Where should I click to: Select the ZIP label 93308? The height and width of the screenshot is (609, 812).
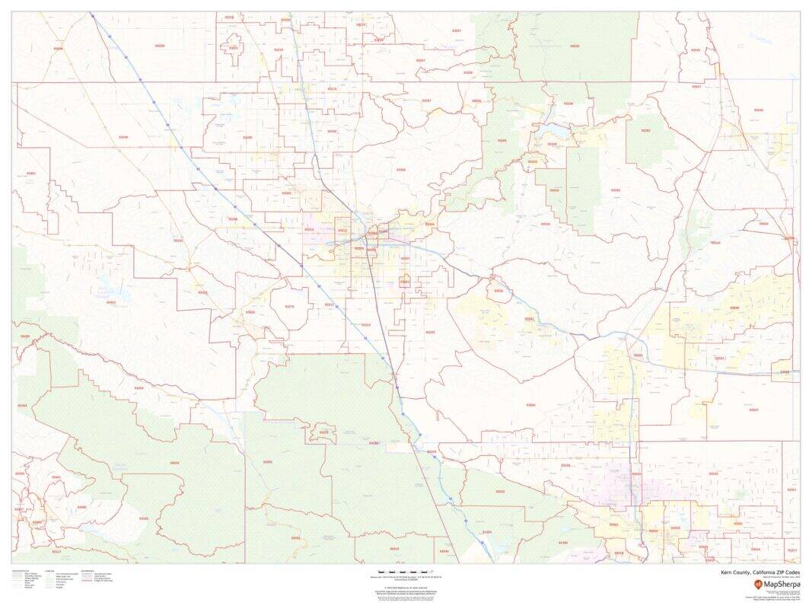coord(401,170)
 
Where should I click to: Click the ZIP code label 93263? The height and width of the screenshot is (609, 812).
coord(287,193)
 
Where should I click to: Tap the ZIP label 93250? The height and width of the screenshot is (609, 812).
coord(331,131)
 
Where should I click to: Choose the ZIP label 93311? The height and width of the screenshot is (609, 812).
coord(330,304)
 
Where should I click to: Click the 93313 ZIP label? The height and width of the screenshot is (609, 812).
coord(366,324)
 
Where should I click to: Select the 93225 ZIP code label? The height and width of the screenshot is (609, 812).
coord(324,432)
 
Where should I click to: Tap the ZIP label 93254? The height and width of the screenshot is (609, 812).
coord(139,388)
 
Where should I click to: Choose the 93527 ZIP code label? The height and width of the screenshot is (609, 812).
coord(696,87)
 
